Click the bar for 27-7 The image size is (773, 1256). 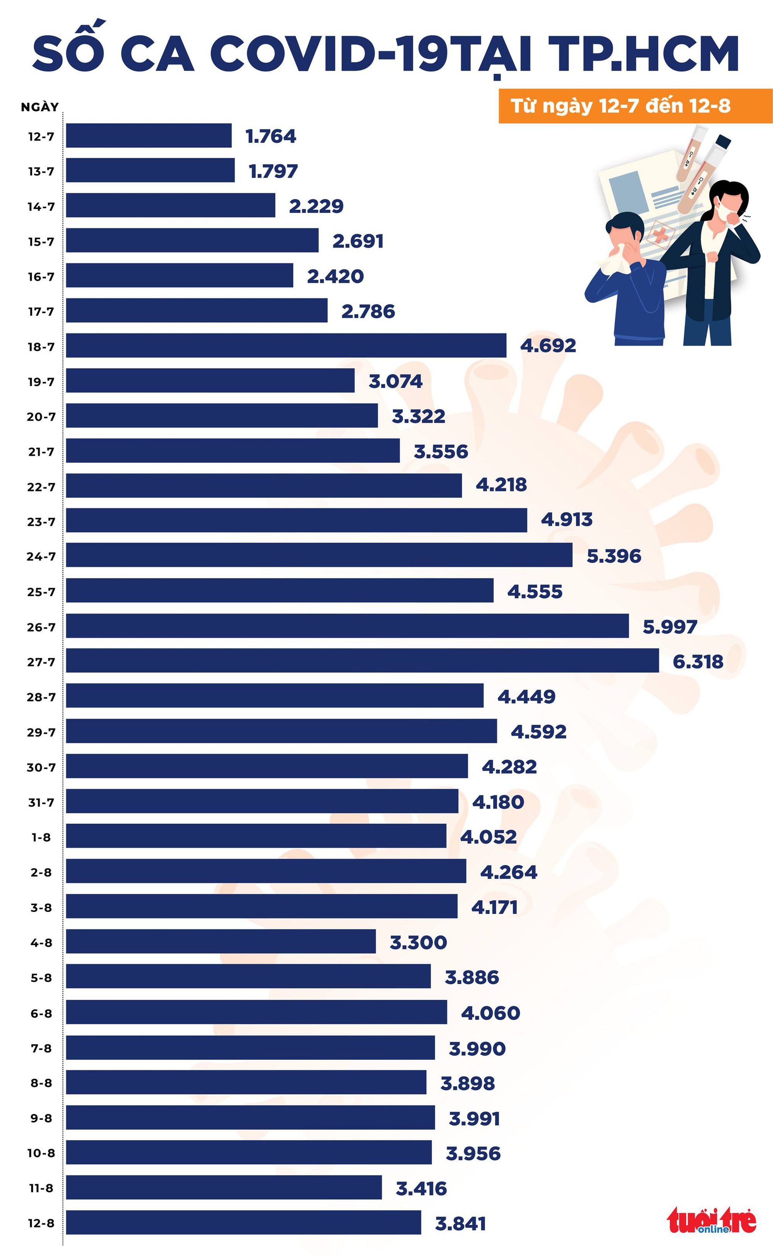[x=362, y=660]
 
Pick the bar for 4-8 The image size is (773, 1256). [x=220, y=941]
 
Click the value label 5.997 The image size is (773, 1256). [x=670, y=627]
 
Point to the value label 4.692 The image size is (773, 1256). [x=548, y=345]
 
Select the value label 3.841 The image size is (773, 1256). [x=460, y=1223]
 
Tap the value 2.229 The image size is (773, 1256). [x=316, y=206]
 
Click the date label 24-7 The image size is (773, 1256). [x=41, y=556]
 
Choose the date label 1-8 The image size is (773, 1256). [x=41, y=837]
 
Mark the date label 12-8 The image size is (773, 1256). [x=41, y=1223]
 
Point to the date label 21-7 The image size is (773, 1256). [x=41, y=452]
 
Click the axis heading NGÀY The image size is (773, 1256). [x=39, y=107]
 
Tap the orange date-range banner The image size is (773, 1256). [x=635, y=106]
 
